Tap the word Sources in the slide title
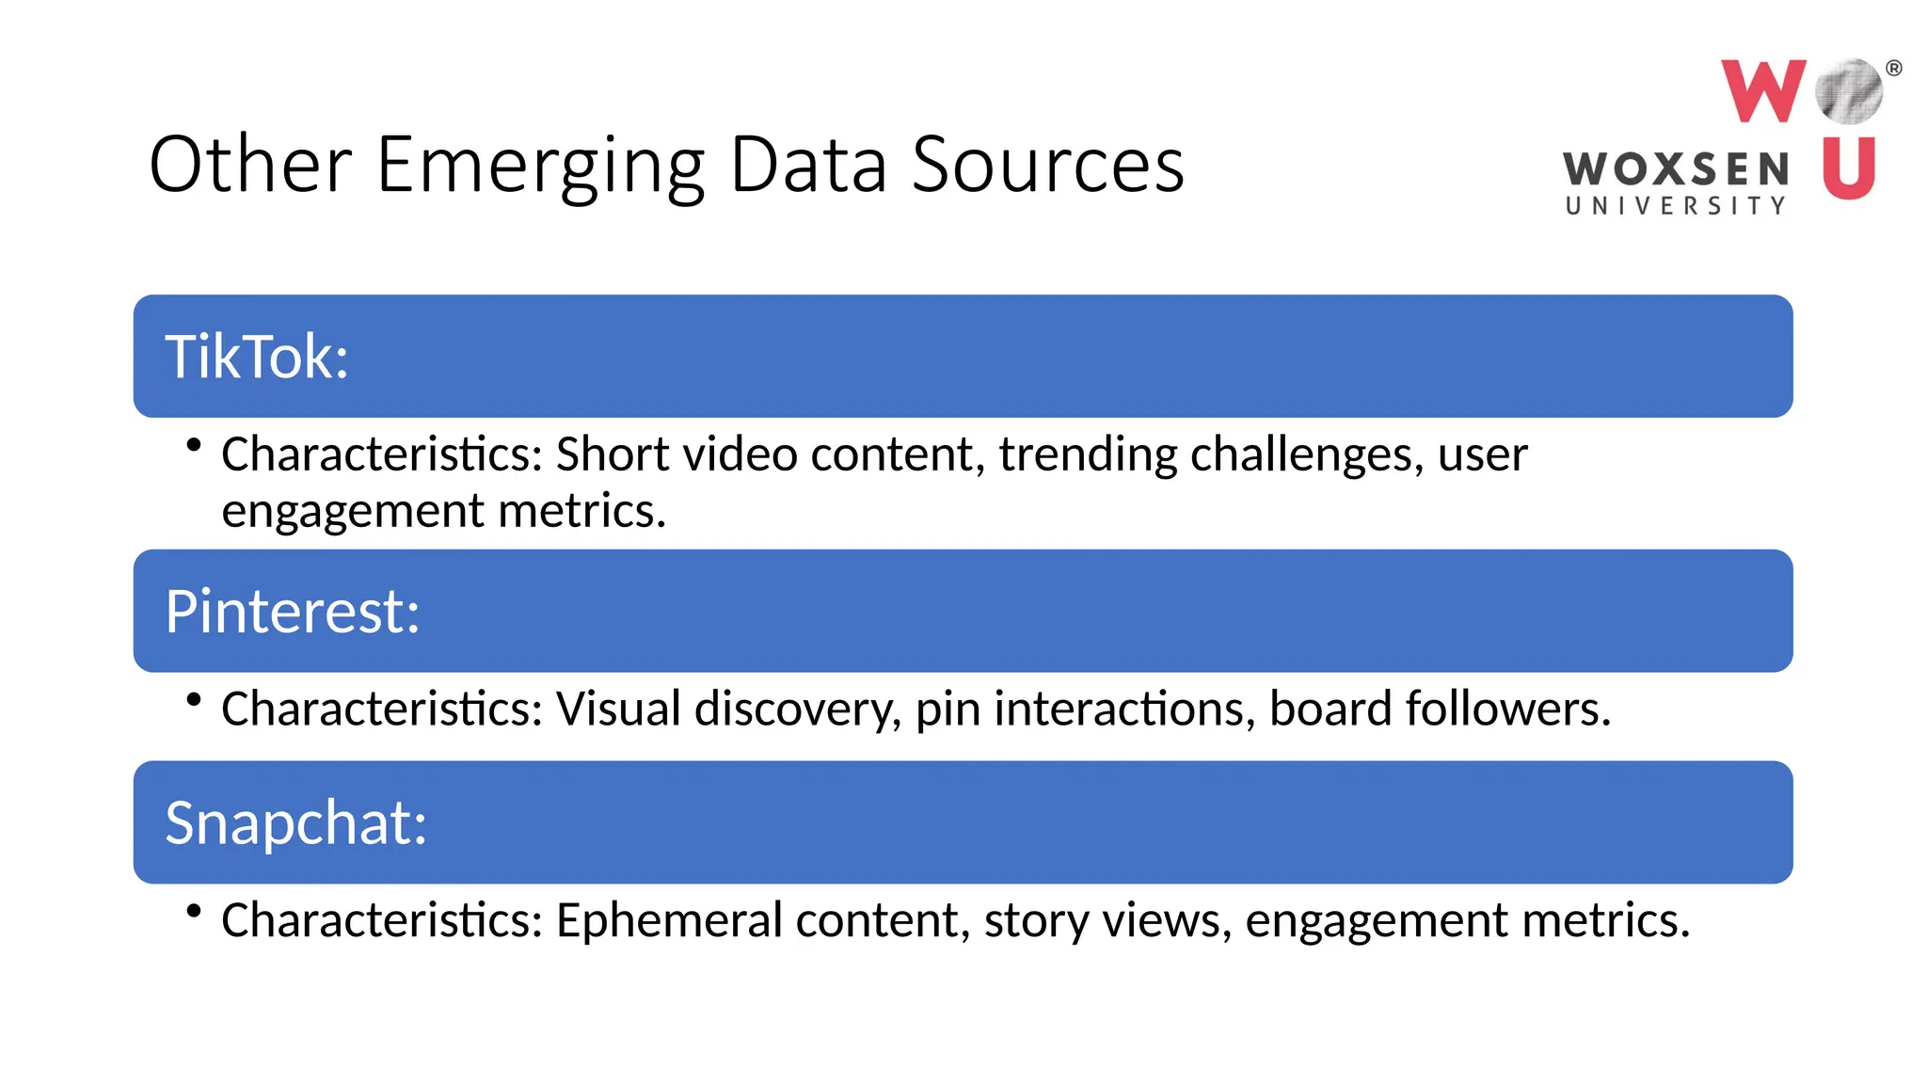(x=1047, y=166)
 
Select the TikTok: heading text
(x=257, y=358)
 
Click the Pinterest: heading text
(x=292, y=612)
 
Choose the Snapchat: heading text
(x=295, y=823)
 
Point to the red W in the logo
(x=1762, y=91)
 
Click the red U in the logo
(x=1848, y=168)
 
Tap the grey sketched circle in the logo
(x=1849, y=91)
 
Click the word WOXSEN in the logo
(x=1676, y=170)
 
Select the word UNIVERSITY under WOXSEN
(x=1676, y=206)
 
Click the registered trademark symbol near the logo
(x=1894, y=68)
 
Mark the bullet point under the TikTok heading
(x=194, y=445)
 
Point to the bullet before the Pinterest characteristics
(x=194, y=699)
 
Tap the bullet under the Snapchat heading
(x=194, y=910)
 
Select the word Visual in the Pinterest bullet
(x=618, y=709)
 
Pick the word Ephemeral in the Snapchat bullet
(x=669, y=921)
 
